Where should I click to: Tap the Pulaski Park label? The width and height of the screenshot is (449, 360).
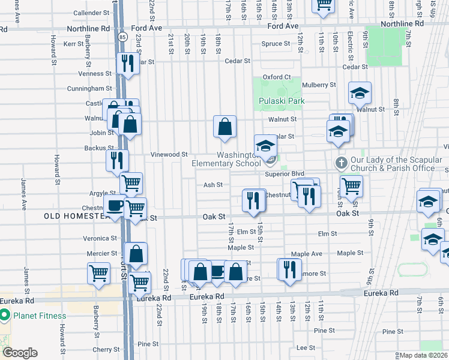click(x=282, y=101)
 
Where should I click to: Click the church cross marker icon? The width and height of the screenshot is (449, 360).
click(x=341, y=163)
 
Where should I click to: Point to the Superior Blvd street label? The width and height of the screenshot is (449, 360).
click(x=286, y=174)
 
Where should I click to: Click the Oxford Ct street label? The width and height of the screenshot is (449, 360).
click(x=276, y=77)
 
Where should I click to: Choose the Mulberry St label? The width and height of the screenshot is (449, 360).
click(x=319, y=85)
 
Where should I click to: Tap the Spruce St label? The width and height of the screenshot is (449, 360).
click(x=276, y=44)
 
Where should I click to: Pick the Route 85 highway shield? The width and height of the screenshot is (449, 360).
click(x=122, y=37)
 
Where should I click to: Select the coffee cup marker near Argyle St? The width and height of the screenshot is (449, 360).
click(x=114, y=205)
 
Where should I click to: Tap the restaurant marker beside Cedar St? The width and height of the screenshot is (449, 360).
click(x=127, y=62)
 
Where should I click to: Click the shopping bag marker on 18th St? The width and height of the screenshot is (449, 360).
click(x=225, y=127)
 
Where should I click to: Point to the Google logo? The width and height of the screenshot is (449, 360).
click(x=20, y=353)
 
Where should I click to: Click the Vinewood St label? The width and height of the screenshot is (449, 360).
click(x=169, y=154)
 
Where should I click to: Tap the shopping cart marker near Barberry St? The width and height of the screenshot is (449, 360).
click(x=98, y=273)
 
